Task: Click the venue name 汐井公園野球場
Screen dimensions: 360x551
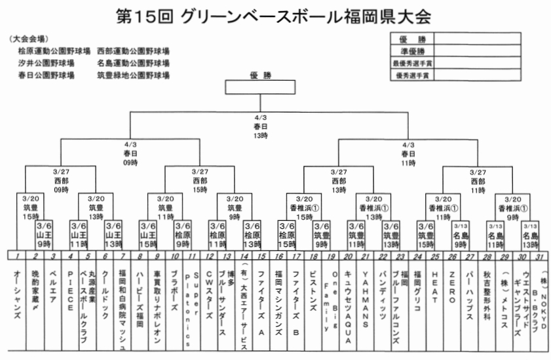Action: point(46,63)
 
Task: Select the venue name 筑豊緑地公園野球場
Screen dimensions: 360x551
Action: point(133,75)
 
